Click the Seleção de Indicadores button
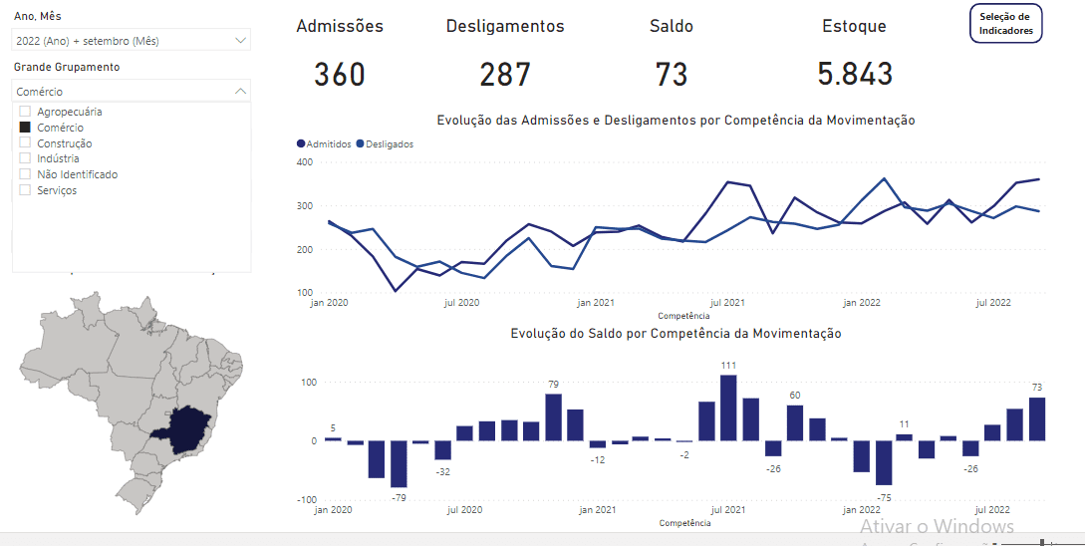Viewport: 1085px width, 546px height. pos(1006,24)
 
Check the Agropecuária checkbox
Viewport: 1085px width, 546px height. pos(26,112)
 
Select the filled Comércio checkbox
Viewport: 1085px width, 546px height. pos(26,128)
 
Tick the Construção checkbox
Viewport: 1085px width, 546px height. pos(26,143)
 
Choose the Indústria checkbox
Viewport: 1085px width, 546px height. pos(26,158)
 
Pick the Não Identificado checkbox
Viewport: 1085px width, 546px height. pos(26,174)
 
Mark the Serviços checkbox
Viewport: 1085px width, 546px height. pos(26,190)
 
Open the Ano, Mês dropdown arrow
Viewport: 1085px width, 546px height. pos(240,41)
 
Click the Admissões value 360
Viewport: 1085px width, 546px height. pos(340,74)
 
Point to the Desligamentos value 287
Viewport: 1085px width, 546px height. pos(505,74)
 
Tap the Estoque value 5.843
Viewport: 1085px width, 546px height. pos(855,74)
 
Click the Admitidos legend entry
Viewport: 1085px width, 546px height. pos(325,144)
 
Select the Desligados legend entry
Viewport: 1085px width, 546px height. pos(385,144)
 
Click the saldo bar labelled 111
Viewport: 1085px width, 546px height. pos(728,408)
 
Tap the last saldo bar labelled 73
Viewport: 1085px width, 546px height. pos(1037,418)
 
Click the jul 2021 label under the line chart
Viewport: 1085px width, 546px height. pos(727,302)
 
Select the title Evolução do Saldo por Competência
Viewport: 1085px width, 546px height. pos(676,334)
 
